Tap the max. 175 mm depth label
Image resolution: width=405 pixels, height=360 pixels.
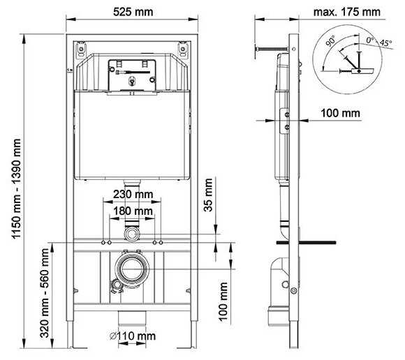pyautogui.click(x=347, y=12)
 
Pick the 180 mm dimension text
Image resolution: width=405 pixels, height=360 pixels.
pyautogui.click(x=133, y=211)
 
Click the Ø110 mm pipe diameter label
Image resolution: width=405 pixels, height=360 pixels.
pyautogui.click(x=133, y=336)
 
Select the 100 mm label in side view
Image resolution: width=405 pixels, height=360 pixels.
pyautogui.click(x=340, y=112)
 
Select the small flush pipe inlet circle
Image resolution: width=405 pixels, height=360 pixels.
pyautogui.click(x=132, y=231)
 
